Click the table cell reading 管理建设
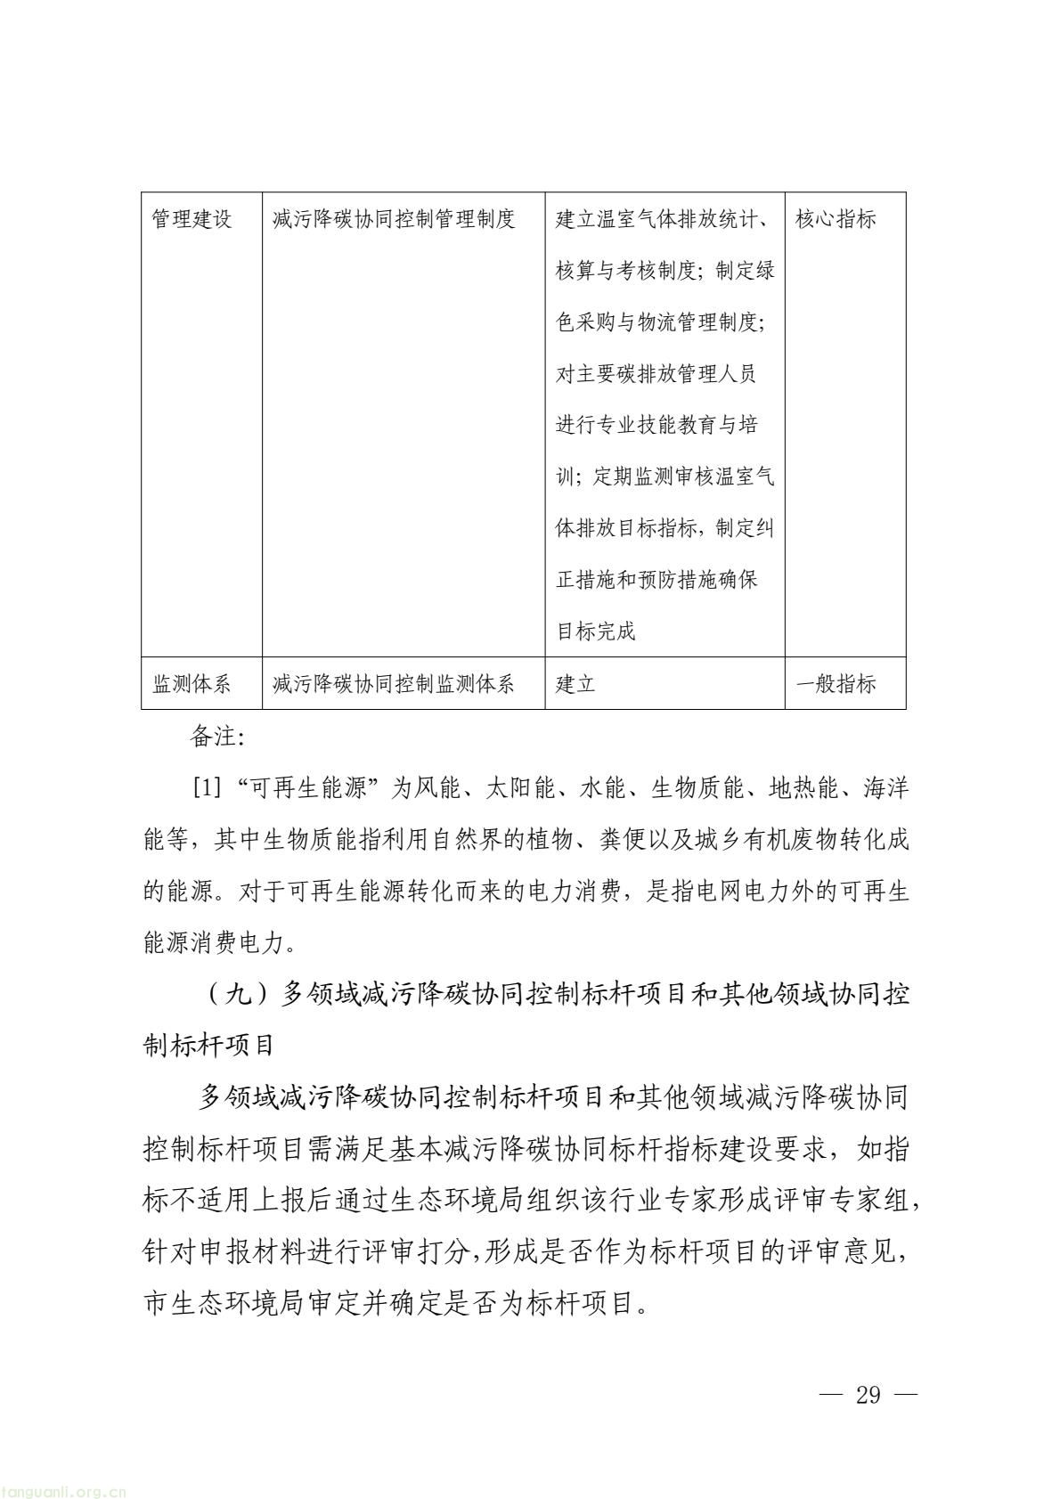pyautogui.click(x=192, y=219)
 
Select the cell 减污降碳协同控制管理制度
pyautogui.click(x=394, y=219)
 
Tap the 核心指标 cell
pyautogui.click(x=836, y=219)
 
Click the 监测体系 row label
pyautogui.click(x=192, y=684)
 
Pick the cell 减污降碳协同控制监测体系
pyautogui.click(x=394, y=684)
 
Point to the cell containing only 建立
pyautogui.click(x=575, y=684)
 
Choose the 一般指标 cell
pyautogui.click(x=836, y=684)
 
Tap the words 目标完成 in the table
pyautogui.click(x=596, y=632)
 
